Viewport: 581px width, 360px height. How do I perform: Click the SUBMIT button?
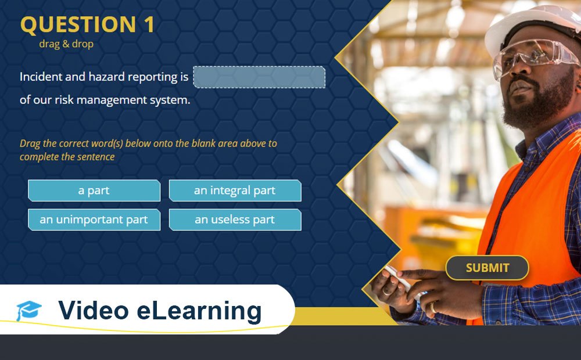coord(487,268)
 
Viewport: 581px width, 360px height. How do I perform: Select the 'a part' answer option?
coord(94,190)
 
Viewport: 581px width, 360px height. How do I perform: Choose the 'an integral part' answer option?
coord(235,190)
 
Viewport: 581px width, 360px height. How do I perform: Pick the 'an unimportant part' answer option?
coord(94,219)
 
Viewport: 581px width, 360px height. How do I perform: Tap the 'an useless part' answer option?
coord(235,219)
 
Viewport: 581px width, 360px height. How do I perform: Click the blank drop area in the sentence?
coord(259,77)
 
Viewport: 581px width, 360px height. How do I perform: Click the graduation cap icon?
coord(28,311)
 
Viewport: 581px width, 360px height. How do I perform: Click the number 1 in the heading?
coord(149,25)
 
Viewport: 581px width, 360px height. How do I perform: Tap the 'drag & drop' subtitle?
coord(66,44)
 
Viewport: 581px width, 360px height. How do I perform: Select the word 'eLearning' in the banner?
coord(199,311)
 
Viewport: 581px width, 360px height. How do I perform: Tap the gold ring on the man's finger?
coord(433,306)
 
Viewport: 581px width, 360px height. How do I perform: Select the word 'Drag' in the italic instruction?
coord(30,143)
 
